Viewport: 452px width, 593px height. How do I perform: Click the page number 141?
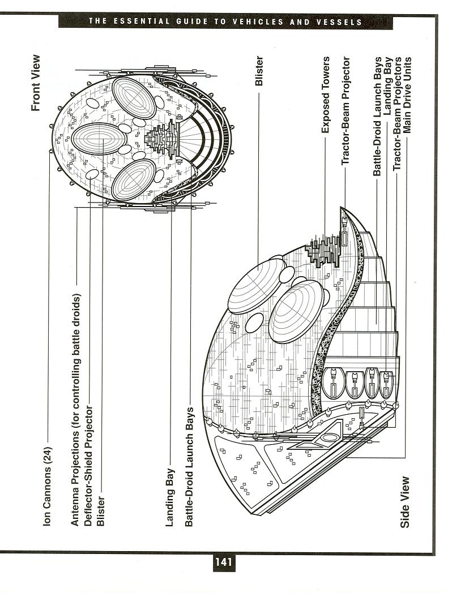coord(223,562)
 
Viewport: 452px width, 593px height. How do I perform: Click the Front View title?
coord(35,83)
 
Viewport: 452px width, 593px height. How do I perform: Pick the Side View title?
coord(404,502)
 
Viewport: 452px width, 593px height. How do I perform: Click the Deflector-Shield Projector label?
coord(88,466)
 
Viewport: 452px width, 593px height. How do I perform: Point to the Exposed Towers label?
coord(325,95)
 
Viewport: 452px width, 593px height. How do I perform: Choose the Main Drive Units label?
coord(407,95)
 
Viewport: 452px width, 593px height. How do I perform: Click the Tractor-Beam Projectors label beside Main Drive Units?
coord(397,114)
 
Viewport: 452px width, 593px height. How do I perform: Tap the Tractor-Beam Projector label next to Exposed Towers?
coord(346,111)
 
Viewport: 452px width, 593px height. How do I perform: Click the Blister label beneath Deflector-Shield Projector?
coord(100,511)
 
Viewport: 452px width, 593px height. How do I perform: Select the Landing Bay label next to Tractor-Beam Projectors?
coord(387,86)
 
